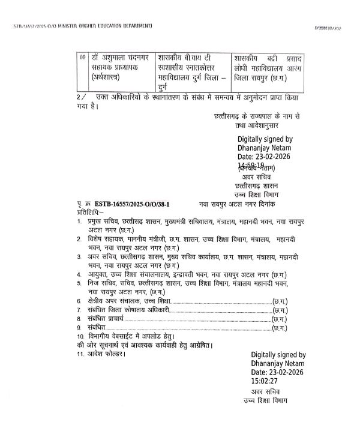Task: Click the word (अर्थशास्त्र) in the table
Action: pyautogui.click(x=109, y=77)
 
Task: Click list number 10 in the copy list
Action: pyautogui.click(x=81, y=338)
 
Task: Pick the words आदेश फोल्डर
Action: pyautogui.click(x=106, y=355)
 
